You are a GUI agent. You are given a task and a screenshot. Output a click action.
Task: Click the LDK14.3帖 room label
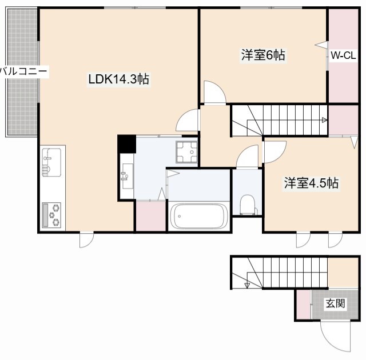(118, 80)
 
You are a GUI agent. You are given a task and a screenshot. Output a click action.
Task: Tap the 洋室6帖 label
(262, 55)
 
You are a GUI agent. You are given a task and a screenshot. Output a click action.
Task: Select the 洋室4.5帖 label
(312, 183)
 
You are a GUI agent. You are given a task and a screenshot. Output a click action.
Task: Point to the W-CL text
(344, 56)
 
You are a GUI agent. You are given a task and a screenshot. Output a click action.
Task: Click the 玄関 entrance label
(336, 303)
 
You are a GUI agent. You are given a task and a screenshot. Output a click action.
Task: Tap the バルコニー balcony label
(24, 71)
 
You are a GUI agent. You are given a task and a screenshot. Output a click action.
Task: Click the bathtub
(198, 217)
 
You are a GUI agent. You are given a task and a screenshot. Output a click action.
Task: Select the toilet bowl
(247, 203)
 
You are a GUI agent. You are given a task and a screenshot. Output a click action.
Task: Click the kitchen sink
(51, 163)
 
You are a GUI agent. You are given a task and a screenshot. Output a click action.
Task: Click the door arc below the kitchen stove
(85, 239)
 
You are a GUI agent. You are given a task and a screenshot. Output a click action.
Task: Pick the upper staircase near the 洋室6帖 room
(279, 120)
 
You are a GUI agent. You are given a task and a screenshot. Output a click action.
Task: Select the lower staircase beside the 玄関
(279, 273)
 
